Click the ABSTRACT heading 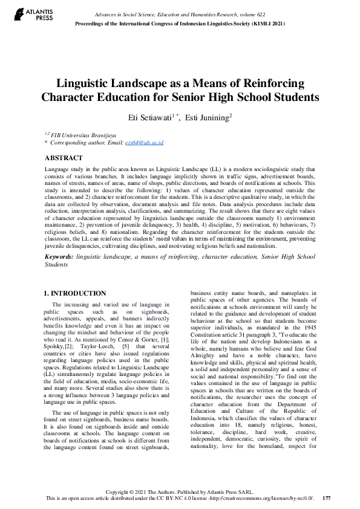(64, 157)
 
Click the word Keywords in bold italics (59, 257)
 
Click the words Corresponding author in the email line (80, 143)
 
